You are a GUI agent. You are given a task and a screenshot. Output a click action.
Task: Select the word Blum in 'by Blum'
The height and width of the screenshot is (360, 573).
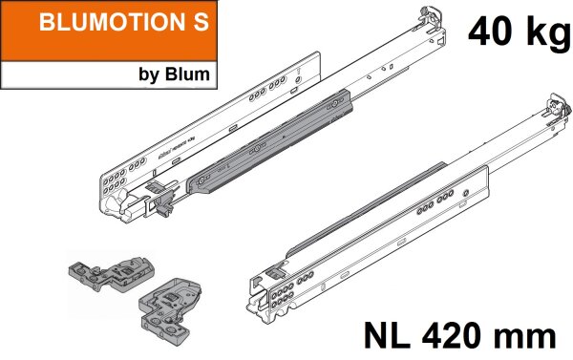[187, 74]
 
